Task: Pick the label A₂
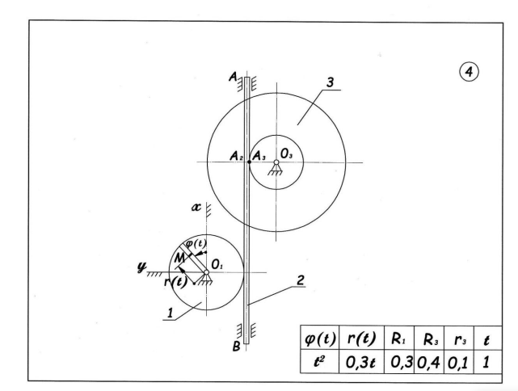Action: (x=234, y=156)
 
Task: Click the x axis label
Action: (x=196, y=207)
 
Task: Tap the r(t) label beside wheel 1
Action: (x=175, y=283)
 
